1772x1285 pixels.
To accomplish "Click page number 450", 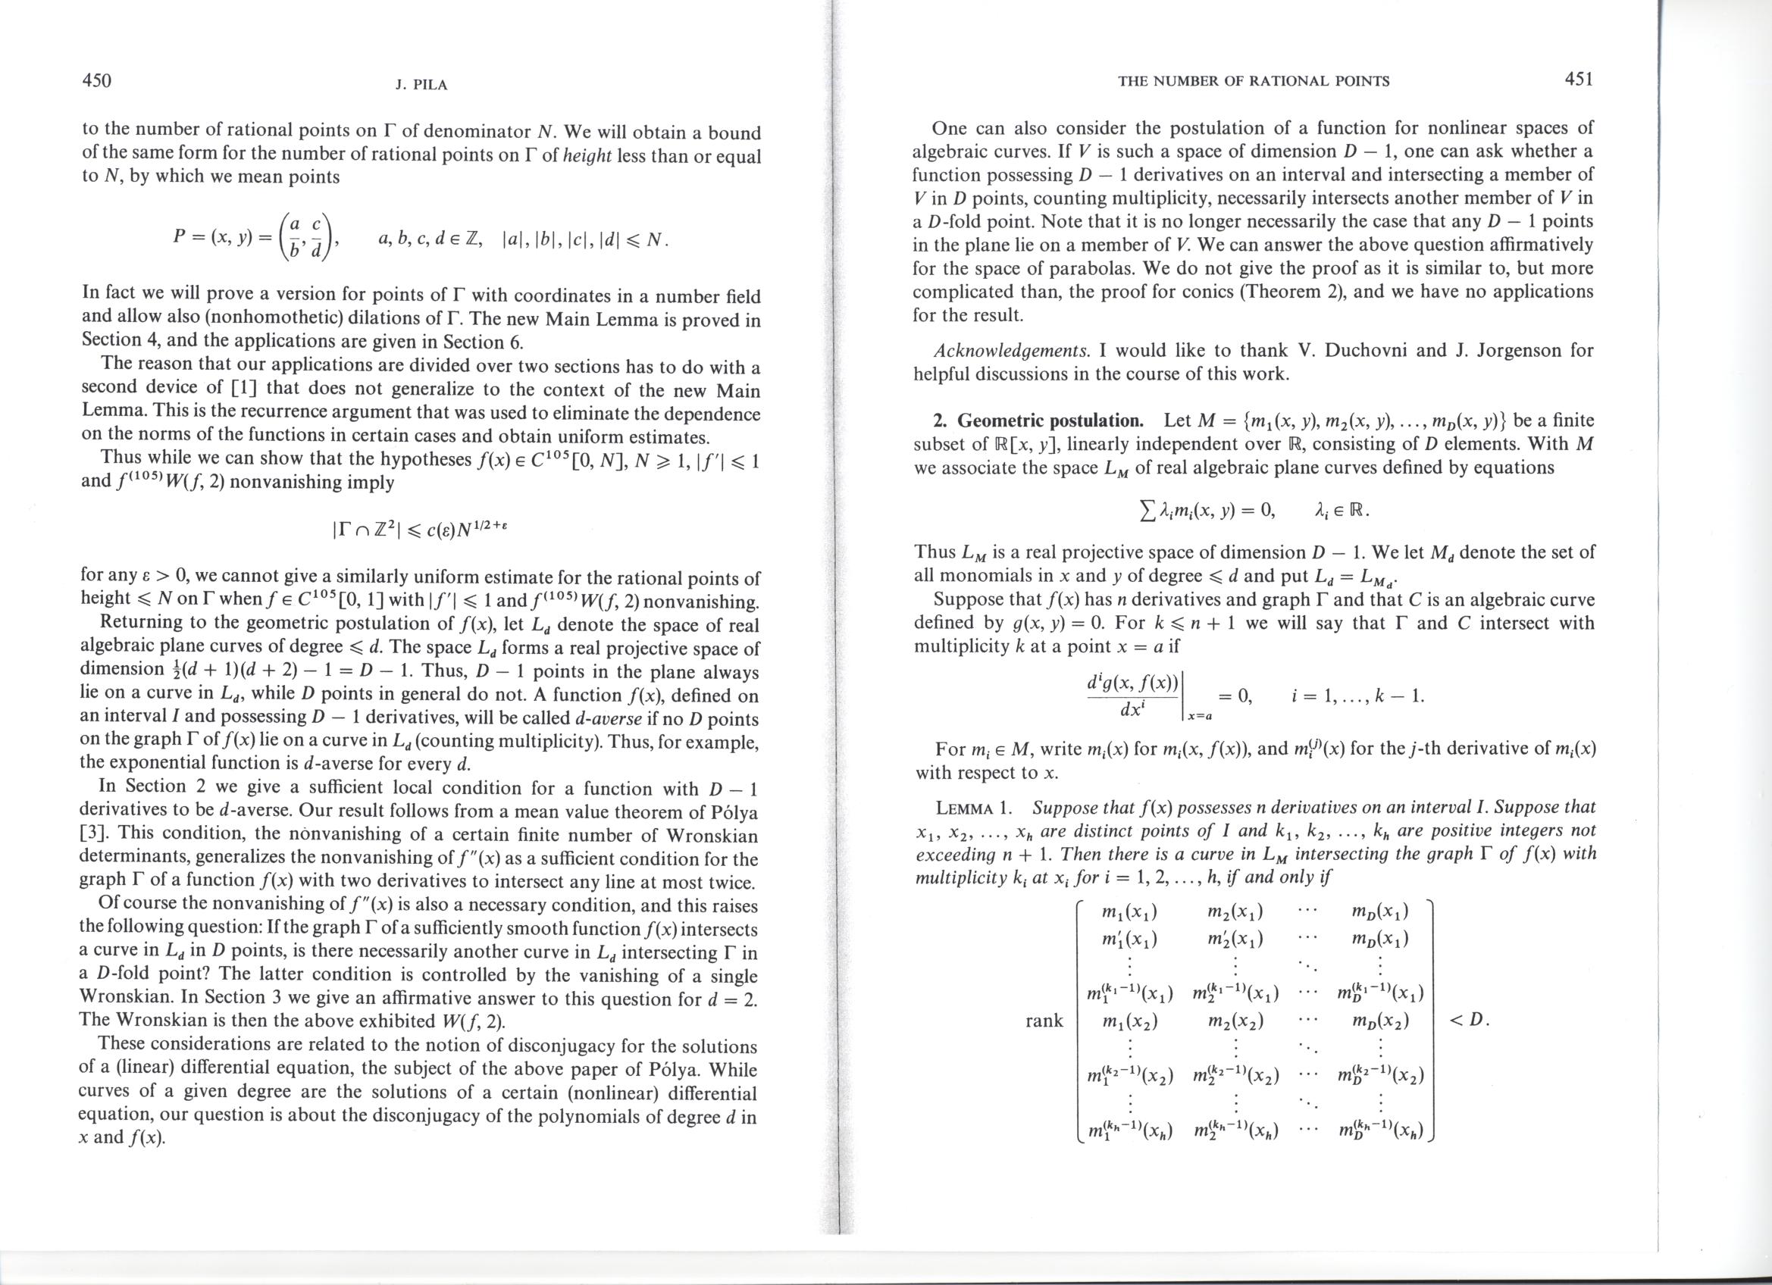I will click(97, 80).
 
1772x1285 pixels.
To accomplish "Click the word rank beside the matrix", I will click(1044, 1021).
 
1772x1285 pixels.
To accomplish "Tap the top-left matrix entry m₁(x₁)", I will click(1129, 912).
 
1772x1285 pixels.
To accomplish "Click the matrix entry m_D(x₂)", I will click(1380, 1021).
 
